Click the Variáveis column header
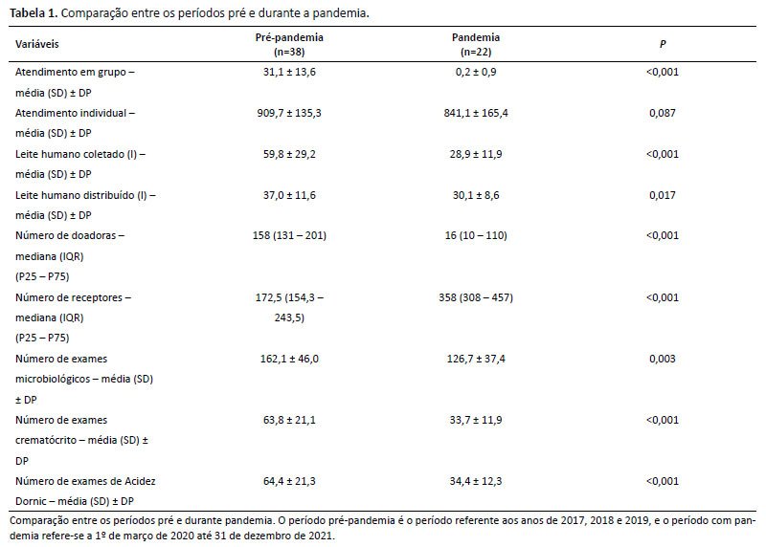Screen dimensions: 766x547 (x=36, y=44)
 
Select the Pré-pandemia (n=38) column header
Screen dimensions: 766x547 (x=289, y=44)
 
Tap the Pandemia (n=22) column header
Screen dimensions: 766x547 (x=476, y=44)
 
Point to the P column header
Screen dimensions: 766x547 (x=663, y=44)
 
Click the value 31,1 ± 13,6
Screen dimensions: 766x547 (x=289, y=72)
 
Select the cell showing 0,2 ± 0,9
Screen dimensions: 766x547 (x=476, y=72)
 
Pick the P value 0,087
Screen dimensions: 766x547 (x=663, y=113)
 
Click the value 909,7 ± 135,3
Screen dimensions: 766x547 (x=289, y=113)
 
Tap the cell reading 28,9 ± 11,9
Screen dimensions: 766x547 (x=476, y=154)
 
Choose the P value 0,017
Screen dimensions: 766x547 (x=663, y=195)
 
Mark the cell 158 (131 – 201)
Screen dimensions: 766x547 (x=289, y=235)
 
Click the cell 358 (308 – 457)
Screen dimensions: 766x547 (x=476, y=297)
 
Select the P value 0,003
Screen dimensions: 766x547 (x=663, y=359)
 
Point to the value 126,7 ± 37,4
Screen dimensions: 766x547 (x=476, y=359)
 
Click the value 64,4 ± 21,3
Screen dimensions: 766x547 (x=289, y=481)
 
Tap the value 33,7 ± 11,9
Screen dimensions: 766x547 (x=476, y=420)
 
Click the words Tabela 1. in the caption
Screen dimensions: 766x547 (x=34, y=13)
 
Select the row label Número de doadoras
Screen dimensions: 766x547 (x=65, y=235)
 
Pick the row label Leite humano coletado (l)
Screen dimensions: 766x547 (x=77, y=154)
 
